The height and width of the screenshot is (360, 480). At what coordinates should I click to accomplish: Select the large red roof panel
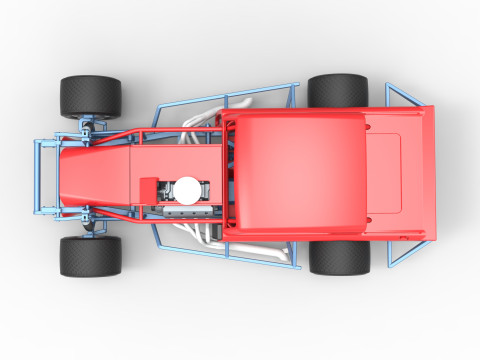coord(296,165)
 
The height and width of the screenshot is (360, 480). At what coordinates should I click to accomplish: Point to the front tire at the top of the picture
coord(90,96)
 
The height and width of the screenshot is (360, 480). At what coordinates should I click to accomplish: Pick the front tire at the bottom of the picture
coord(90,256)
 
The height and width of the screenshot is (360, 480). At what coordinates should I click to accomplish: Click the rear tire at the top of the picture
coord(338,91)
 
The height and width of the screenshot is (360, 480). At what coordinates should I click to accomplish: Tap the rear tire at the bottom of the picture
coord(339,256)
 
